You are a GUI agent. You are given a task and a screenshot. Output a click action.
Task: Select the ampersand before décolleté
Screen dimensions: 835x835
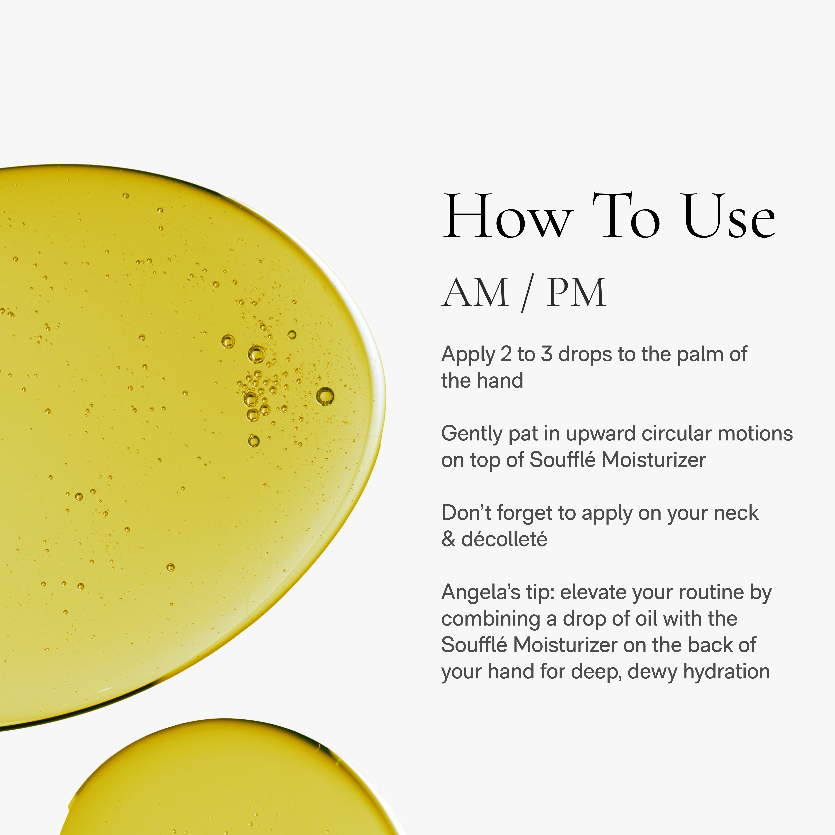pyautogui.click(x=448, y=539)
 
